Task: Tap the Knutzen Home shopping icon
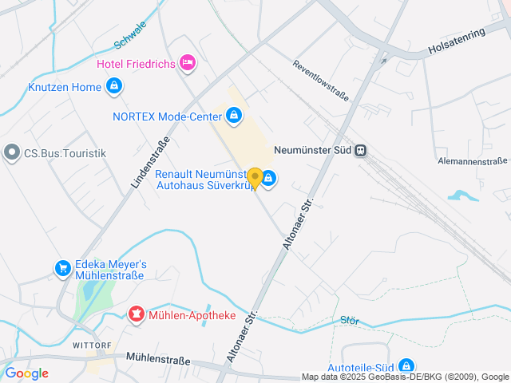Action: point(114,86)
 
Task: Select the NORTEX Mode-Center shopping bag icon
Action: point(233,116)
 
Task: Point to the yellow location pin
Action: point(255,178)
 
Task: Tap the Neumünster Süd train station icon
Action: point(361,149)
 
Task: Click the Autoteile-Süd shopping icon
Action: point(406,366)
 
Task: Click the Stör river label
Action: point(350,321)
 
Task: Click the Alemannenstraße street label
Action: point(473,161)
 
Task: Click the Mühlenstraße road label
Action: point(158,360)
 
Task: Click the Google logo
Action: point(26,373)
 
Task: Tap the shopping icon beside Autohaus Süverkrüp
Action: point(269,179)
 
